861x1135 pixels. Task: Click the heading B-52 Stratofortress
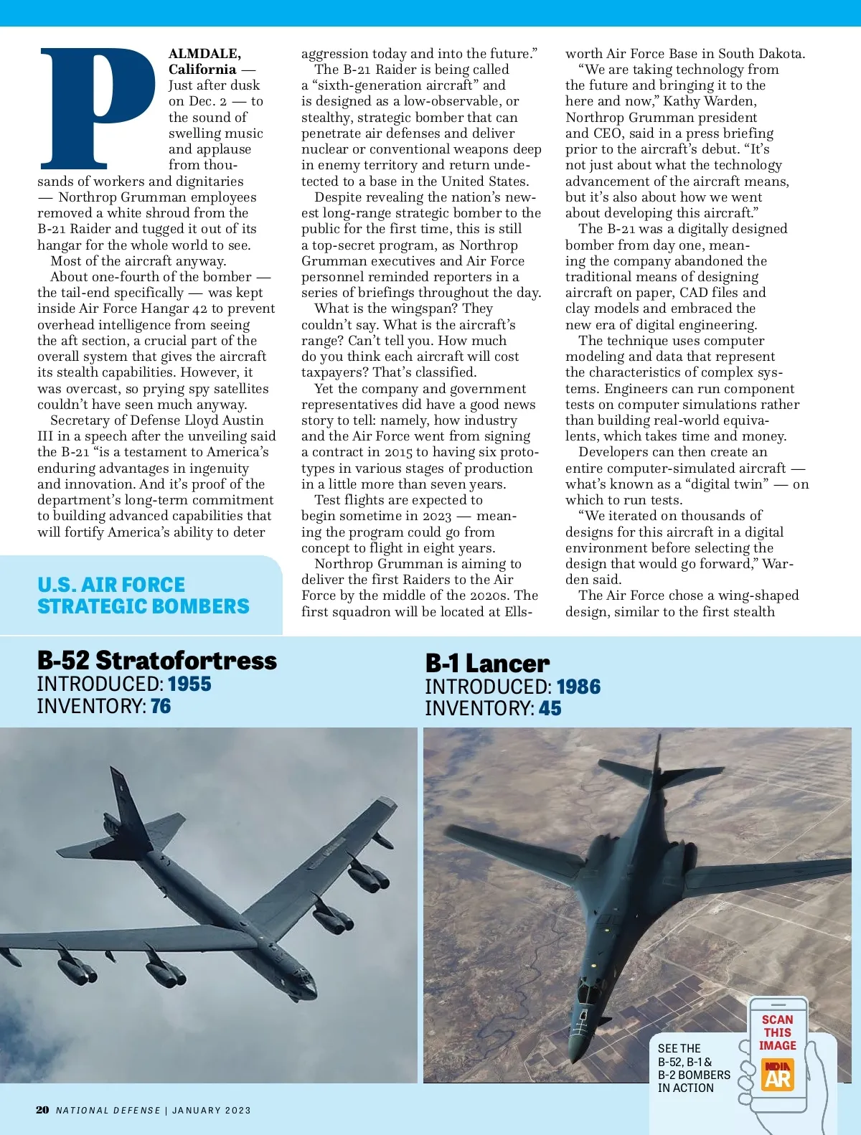coord(156,660)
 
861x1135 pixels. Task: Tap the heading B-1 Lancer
coord(487,663)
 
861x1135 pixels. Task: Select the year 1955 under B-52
coord(189,684)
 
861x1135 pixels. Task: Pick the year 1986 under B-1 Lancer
coord(578,687)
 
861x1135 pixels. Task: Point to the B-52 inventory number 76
coord(161,706)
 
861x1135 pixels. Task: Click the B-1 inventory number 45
coord(550,708)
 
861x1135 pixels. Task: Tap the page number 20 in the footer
coord(42,1110)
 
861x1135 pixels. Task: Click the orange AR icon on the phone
coord(778,1074)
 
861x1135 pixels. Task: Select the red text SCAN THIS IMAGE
coord(778,1032)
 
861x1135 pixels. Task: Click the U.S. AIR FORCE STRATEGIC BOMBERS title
coord(143,595)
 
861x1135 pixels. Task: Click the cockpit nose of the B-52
coord(305,983)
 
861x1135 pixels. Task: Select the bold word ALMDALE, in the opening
coord(204,54)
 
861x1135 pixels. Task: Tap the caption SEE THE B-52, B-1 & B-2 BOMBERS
coord(693,1068)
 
